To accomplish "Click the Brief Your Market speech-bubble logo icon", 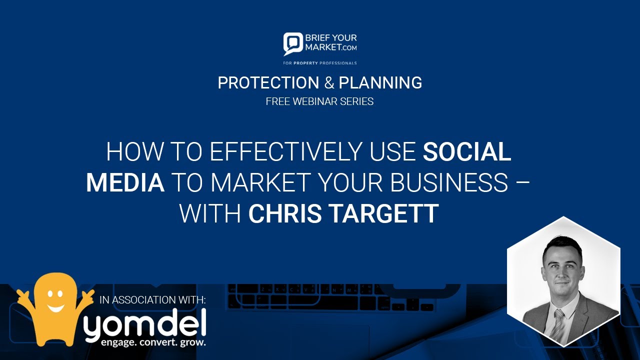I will pyautogui.click(x=293, y=44).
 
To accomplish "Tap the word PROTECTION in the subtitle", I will pyautogui.click(x=268, y=82).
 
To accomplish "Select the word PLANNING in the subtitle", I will pyautogui.click(x=380, y=82).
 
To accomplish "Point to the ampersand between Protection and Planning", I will pyautogui.click(x=328, y=82).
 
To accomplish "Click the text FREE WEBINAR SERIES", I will pyautogui.click(x=319, y=101).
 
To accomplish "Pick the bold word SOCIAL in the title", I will pyautogui.click(x=467, y=152).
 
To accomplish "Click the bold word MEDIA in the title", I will pyautogui.click(x=125, y=183).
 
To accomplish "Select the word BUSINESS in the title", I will pyautogui.click(x=449, y=183).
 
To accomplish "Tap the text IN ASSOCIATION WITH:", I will pyautogui.click(x=152, y=300).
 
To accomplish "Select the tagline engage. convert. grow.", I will pyautogui.click(x=153, y=343).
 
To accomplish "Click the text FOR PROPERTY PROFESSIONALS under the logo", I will pyautogui.click(x=319, y=63).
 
